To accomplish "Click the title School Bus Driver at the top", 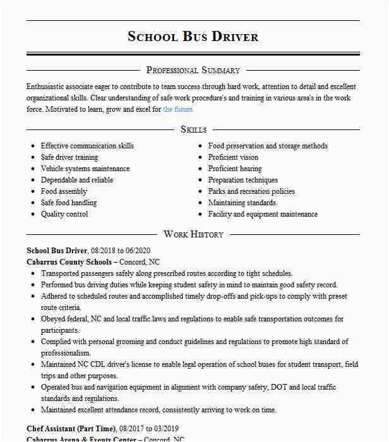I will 193,36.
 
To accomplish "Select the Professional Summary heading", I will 193,70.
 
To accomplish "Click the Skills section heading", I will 193,129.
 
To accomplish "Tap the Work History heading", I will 193,234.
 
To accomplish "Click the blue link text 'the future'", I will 178,109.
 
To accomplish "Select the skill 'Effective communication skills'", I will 87,146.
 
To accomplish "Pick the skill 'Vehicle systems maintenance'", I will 85,169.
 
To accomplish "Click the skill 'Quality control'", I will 64,214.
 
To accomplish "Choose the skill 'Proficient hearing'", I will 234,169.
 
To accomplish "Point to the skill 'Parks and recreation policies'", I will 251,191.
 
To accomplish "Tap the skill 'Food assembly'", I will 64,191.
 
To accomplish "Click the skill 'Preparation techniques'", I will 243,180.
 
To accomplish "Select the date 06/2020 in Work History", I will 138,251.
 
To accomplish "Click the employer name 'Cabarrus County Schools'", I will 69,262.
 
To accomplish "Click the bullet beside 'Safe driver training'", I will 33,158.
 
